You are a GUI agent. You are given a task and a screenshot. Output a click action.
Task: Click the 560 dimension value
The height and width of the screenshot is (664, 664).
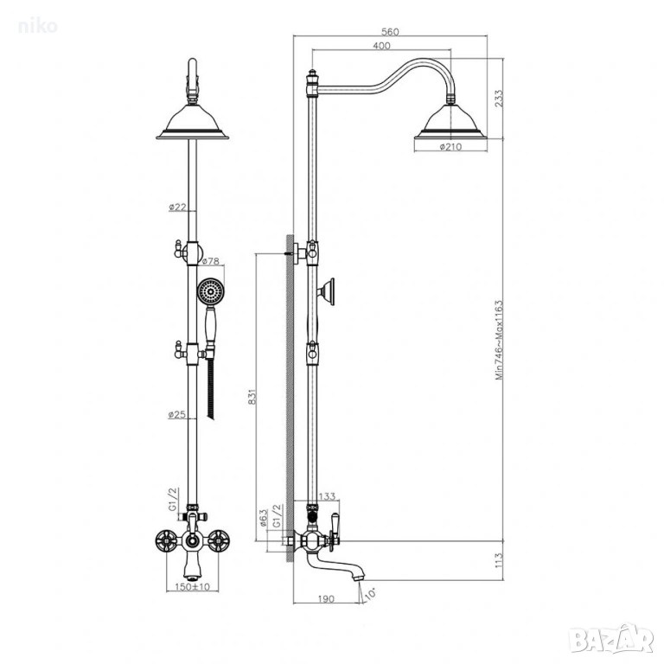pyautogui.click(x=390, y=32)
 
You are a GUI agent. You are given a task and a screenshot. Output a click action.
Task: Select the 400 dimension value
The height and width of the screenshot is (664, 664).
pyautogui.click(x=381, y=46)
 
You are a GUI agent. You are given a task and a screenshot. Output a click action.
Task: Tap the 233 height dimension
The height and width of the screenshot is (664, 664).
pyautogui.click(x=499, y=98)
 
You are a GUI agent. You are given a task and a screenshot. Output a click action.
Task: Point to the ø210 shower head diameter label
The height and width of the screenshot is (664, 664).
pyautogui.click(x=450, y=147)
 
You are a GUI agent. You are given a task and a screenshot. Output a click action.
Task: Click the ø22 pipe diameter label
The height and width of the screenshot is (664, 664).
pyautogui.click(x=177, y=207)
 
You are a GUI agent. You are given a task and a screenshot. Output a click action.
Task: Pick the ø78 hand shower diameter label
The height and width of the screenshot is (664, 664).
pyautogui.click(x=210, y=261)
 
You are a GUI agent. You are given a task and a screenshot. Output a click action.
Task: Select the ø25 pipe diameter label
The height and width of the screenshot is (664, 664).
pyautogui.click(x=177, y=415)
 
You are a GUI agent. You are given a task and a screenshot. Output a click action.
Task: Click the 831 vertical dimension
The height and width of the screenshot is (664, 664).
pyautogui.click(x=252, y=397)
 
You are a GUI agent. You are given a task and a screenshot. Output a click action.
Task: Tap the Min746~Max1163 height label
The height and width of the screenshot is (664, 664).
pyautogui.click(x=499, y=340)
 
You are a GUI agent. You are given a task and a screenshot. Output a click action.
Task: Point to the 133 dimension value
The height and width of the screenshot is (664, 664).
pyautogui.click(x=327, y=496)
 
